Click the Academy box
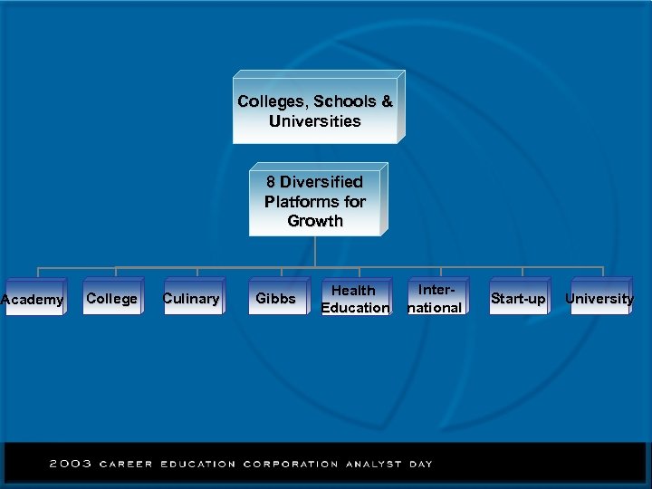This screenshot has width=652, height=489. pos(33,300)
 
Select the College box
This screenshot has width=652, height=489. pos(111,299)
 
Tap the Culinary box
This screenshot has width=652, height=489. pos(191,299)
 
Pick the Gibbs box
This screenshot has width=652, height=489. pos(275,299)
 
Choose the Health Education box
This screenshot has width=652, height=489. pos(355,299)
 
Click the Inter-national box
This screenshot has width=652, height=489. pos(436,299)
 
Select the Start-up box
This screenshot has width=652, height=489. pos(518,299)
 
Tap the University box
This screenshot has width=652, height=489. pos(599,299)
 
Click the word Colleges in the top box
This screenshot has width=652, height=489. pos(270,101)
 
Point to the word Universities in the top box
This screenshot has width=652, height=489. pos(315,121)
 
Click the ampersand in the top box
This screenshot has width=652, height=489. pos(387,101)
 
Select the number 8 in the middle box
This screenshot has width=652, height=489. pos(272,182)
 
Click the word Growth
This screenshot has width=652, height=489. pos(315,221)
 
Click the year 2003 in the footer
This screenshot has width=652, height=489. pos(71,464)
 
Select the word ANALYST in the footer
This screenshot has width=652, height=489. pos(372,464)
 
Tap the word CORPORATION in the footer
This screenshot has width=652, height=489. pos(290,464)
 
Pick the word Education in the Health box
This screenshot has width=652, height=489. pos(355,308)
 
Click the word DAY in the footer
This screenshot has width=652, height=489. pos(419,464)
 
